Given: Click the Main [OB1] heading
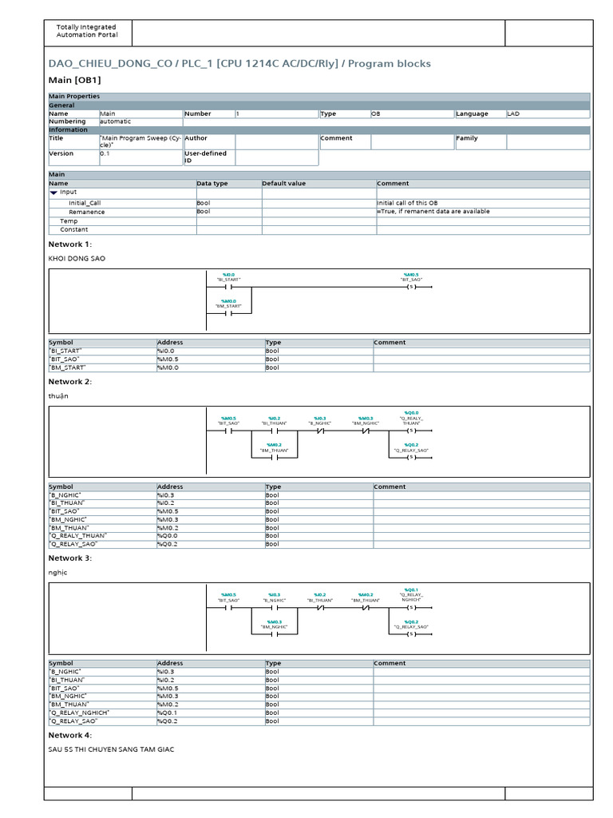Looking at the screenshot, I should click(75, 80).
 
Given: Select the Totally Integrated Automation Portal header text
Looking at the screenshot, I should click(86, 31).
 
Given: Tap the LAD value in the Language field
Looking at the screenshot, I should click(513, 113).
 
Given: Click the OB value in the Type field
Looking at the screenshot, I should click(376, 113).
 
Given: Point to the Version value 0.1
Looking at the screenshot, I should click(105, 153).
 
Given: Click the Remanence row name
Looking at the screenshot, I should click(86, 212).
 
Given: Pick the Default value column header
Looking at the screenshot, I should click(283, 183).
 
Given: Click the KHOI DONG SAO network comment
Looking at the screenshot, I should click(77, 259).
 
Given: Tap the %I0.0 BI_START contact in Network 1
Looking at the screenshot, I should click(228, 290).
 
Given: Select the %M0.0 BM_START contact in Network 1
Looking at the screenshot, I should click(228, 314).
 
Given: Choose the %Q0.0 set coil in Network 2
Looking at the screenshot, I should click(411, 431).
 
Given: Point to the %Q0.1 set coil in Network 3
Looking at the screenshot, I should click(411, 607).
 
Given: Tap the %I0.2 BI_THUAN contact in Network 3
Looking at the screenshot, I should click(319, 607).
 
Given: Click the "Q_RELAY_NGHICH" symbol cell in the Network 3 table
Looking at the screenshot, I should click(80, 713).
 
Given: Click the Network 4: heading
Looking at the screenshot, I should click(70, 735).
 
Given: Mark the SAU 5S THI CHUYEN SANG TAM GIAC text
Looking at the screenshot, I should click(111, 749).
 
